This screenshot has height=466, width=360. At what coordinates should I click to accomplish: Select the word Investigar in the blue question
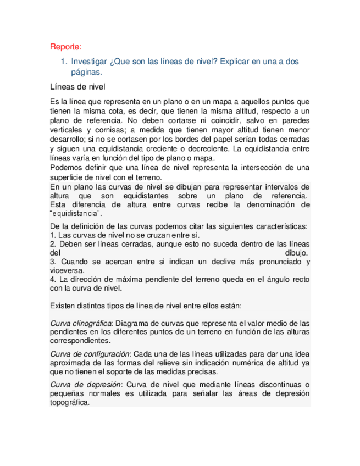click(x=90, y=62)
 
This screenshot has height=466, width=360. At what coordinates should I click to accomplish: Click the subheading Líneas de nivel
click(x=77, y=87)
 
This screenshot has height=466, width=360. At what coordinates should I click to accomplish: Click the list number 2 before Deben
click(x=52, y=243)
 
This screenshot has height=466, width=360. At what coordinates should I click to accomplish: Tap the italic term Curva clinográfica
click(x=81, y=323)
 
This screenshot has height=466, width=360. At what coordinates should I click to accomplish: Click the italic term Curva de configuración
click(x=89, y=353)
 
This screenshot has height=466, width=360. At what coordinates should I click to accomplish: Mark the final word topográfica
click(x=69, y=402)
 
